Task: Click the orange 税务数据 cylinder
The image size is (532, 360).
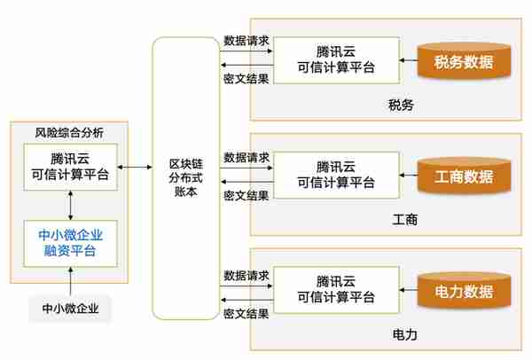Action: pos(464,60)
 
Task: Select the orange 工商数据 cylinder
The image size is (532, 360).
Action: pos(464,176)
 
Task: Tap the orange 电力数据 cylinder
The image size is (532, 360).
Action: pos(464,290)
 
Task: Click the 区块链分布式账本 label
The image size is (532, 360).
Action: pos(186,177)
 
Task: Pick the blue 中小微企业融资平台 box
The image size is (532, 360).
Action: pos(71,243)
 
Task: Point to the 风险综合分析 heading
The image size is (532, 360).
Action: pos(69,132)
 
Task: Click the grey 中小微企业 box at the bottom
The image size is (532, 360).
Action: pos(70,308)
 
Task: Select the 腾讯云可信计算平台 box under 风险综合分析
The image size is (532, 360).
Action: pos(71,167)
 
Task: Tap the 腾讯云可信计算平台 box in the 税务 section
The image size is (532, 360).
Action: pos(336,60)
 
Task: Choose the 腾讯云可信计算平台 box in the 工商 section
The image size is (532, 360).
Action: pos(336,175)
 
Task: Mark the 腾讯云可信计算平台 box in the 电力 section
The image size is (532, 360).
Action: pos(336,289)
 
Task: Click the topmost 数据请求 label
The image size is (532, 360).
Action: pos(246,41)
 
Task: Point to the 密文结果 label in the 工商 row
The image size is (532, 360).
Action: pos(246,195)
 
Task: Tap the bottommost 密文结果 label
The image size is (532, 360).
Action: pos(246,314)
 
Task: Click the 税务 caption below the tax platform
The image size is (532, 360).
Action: pos(401,105)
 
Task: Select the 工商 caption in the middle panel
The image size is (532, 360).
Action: pos(405,220)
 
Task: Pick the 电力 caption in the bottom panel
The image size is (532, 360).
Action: pos(405,334)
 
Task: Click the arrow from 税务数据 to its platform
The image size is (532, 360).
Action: pos(409,60)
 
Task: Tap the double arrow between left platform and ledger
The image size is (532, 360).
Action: pos(135,167)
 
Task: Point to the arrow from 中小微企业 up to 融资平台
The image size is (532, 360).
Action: pos(71,281)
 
